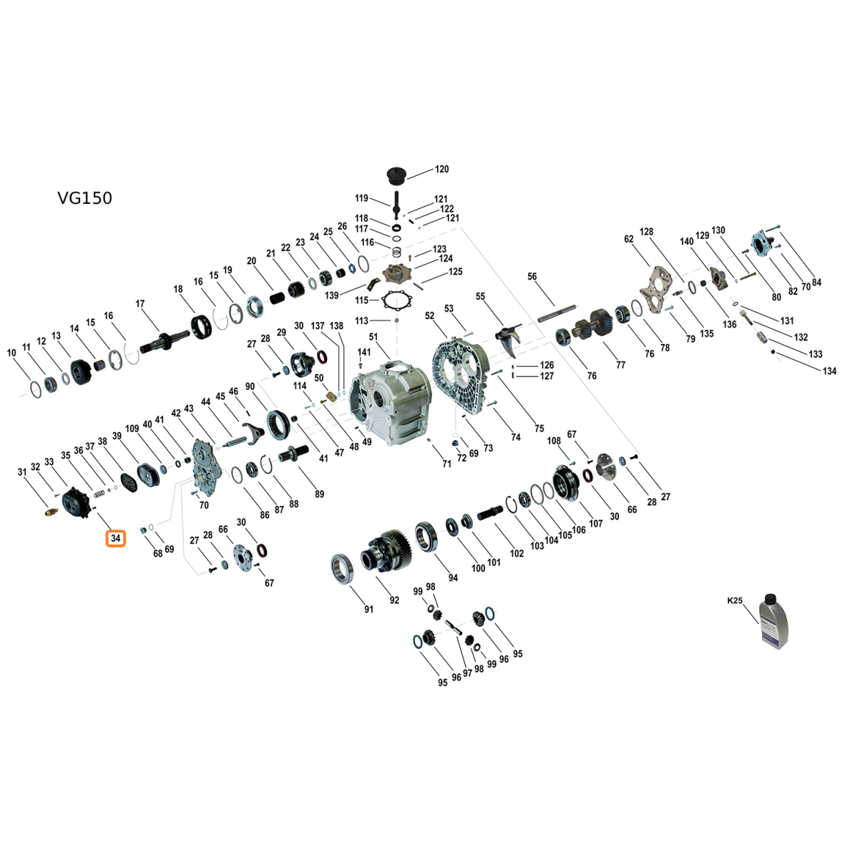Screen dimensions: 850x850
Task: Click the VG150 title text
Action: (85, 198)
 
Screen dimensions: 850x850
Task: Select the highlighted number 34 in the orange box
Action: (115, 538)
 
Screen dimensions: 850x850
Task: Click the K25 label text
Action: (735, 600)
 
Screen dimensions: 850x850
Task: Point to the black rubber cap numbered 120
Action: (396, 176)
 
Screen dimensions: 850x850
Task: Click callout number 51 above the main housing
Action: (373, 337)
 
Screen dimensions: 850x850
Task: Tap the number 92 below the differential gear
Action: (394, 600)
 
